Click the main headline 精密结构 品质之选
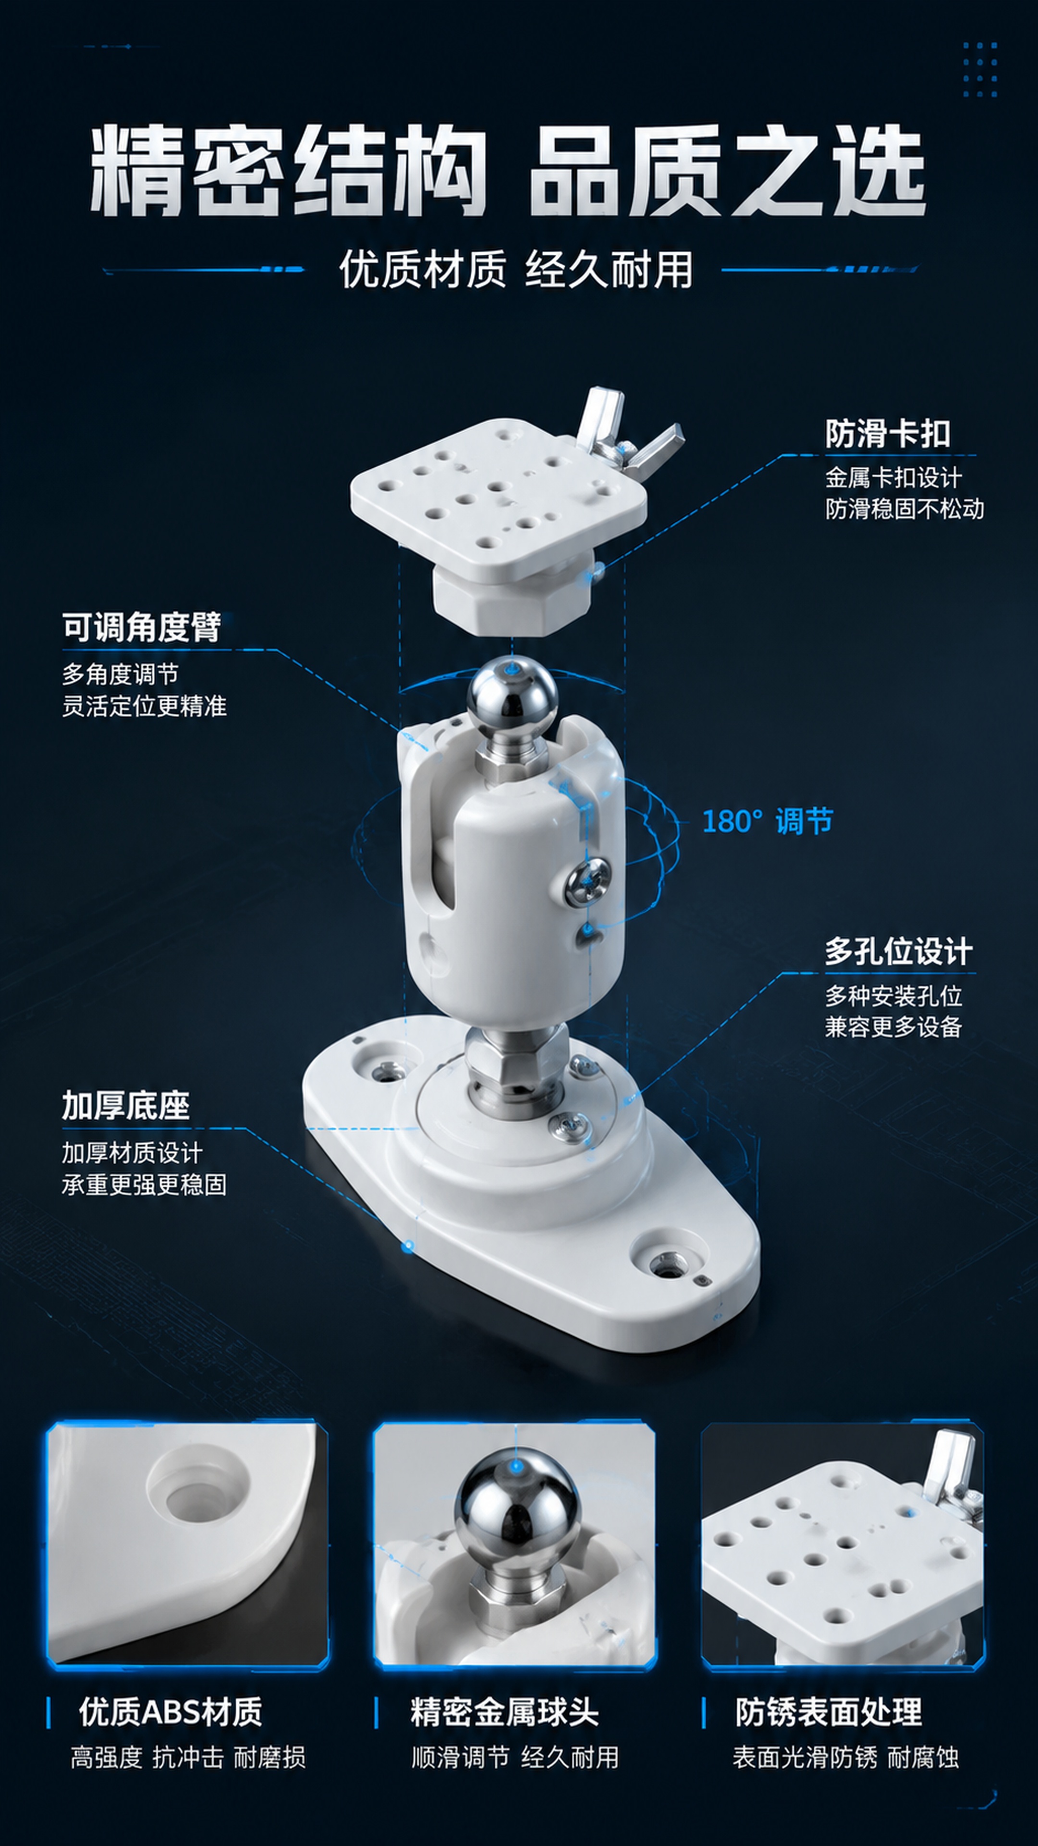507,171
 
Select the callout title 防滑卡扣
888,434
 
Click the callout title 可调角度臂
141,628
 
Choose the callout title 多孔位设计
898,952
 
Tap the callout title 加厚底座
125,1106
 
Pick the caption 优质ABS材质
171,1712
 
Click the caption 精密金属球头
504,1712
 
